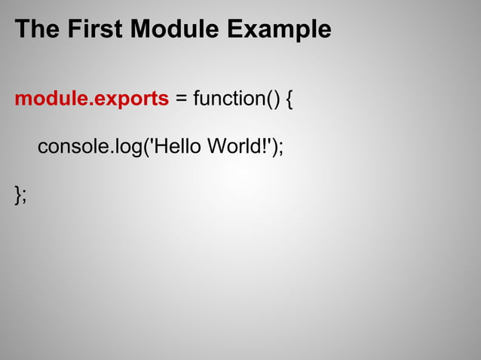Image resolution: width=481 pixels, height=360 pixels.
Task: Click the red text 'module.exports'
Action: coord(91,99)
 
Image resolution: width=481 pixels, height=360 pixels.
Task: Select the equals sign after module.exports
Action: coord(181,99)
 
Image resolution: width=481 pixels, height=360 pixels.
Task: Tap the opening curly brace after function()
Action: coord(290,99)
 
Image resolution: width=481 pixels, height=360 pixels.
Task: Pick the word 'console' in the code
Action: coord(69,146)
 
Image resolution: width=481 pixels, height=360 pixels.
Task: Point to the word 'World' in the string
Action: coord(234,146)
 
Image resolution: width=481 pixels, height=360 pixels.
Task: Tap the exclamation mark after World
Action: coord(265,146)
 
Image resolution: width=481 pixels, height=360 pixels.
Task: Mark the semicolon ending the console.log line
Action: coord(281,148)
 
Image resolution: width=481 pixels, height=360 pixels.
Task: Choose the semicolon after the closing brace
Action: coord(24,195)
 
